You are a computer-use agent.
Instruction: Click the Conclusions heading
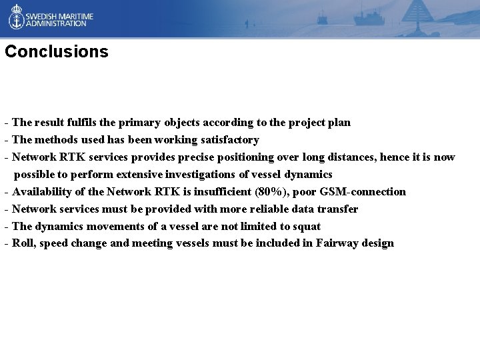[56, 52]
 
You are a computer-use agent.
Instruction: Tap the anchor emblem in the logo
[16, 17]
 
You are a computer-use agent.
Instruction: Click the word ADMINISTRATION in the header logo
[56, 23]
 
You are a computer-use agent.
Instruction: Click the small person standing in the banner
[246, 25]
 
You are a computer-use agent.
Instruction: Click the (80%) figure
[275, 192]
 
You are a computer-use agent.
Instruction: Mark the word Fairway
[338, 243]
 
